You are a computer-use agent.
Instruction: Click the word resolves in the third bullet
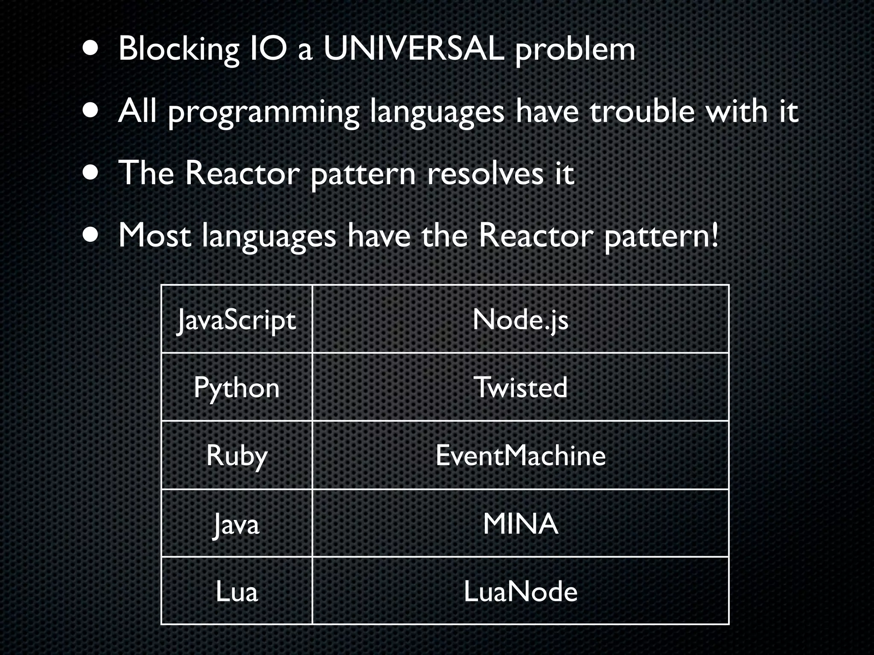[485, 174]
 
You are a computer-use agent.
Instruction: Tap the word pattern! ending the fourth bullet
[661, 237]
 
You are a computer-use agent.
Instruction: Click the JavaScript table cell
[236, 319]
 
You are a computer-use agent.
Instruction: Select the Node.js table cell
[520, 319]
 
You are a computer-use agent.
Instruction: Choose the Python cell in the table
[236, 388]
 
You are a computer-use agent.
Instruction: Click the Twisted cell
[520, 388]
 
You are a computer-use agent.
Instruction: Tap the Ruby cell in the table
[236, 455]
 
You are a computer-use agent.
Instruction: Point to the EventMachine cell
[520, 455]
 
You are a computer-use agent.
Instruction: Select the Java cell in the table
[236, 524]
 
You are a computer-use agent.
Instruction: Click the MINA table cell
[520, 524]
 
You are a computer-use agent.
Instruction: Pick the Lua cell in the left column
[236, 591]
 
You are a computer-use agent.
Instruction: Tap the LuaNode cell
[520, 591]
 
